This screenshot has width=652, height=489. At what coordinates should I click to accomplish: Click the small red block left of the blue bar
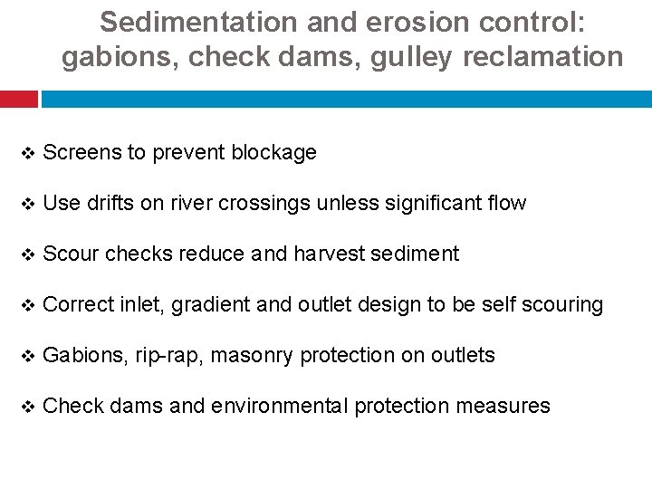coord(18,98)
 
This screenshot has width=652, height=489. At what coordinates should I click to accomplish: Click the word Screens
coord(81,152)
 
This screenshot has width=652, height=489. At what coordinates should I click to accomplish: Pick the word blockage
coord(273,152)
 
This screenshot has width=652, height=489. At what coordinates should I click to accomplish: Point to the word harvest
coord(328,254)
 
